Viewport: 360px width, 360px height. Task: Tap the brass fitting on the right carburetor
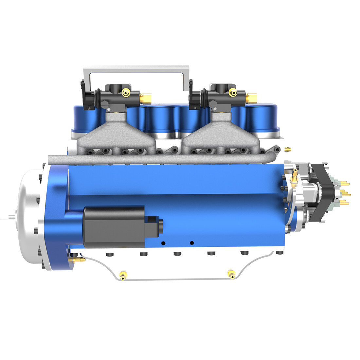[251, 98]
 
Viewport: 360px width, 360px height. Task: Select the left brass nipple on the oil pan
[123, 276]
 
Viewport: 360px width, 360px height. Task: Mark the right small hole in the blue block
[192, 243]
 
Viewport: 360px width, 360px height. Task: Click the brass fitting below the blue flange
[79, 260]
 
